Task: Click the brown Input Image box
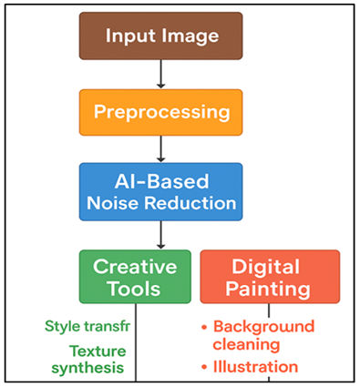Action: (x=162, y=36)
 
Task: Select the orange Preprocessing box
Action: (x=161, y=113)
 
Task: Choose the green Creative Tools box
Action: (x=135, y=276)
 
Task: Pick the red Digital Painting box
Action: (x=270, y=276)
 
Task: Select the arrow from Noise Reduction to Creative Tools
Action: (x=161, y=234)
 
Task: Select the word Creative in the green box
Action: (x=135, y=265)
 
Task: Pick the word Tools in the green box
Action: (x=135, y=289)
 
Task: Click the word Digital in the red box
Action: (x=270, y=265)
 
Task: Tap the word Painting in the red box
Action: (x=270, y=289)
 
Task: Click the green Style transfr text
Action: (x=87, y=326)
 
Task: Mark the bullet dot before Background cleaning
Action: (x=206, y=327)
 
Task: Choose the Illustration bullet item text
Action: (x=255, y=366)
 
